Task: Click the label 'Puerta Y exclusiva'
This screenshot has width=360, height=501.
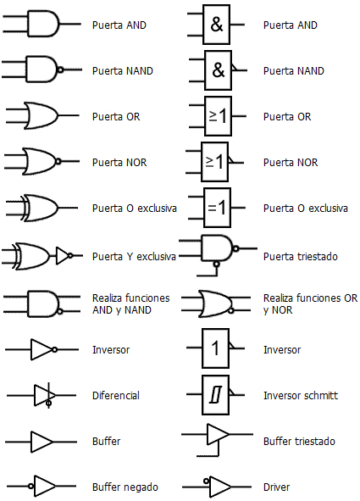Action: pyautogui.click(x=134, y=256)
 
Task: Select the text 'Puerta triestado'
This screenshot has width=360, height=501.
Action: pyautogui.click(x=302, y=256)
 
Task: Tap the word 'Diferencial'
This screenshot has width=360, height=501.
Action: pyautogui.click(x=116, y=395)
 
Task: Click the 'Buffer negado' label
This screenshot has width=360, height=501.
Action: pyautogui.click(x=125, y=487)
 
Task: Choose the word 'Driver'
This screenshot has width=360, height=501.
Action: pyautogui.click(x=277, y=487)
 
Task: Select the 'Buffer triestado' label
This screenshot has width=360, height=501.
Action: pyautogui.click(x=299, y=442)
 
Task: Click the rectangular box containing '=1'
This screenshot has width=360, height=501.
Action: pyautogui.click(x=216, y=207)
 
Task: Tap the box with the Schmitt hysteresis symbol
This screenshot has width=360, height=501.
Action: pyautogui.click(x=215, y=394)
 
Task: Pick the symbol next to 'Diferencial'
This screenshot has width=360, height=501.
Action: pyautogui.click(x=44, y=395)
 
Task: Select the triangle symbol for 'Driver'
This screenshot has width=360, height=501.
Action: pyautogui.click(x=219, y=487)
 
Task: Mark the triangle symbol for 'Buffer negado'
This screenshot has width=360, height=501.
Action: pyautogui.click(x=45, y=487)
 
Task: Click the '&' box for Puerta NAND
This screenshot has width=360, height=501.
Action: pyautogui.click(x=218, y=70)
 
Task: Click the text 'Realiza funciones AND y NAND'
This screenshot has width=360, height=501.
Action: pyautogui.click(x=130, y=303)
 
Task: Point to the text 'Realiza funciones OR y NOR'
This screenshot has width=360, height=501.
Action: pyautogui.click(x=310, y=303)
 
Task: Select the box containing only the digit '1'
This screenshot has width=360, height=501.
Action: pyautogui.click(x=215, y=348)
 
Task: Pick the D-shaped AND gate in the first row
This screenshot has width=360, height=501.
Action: pyautogui.click(x=43, y=24)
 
